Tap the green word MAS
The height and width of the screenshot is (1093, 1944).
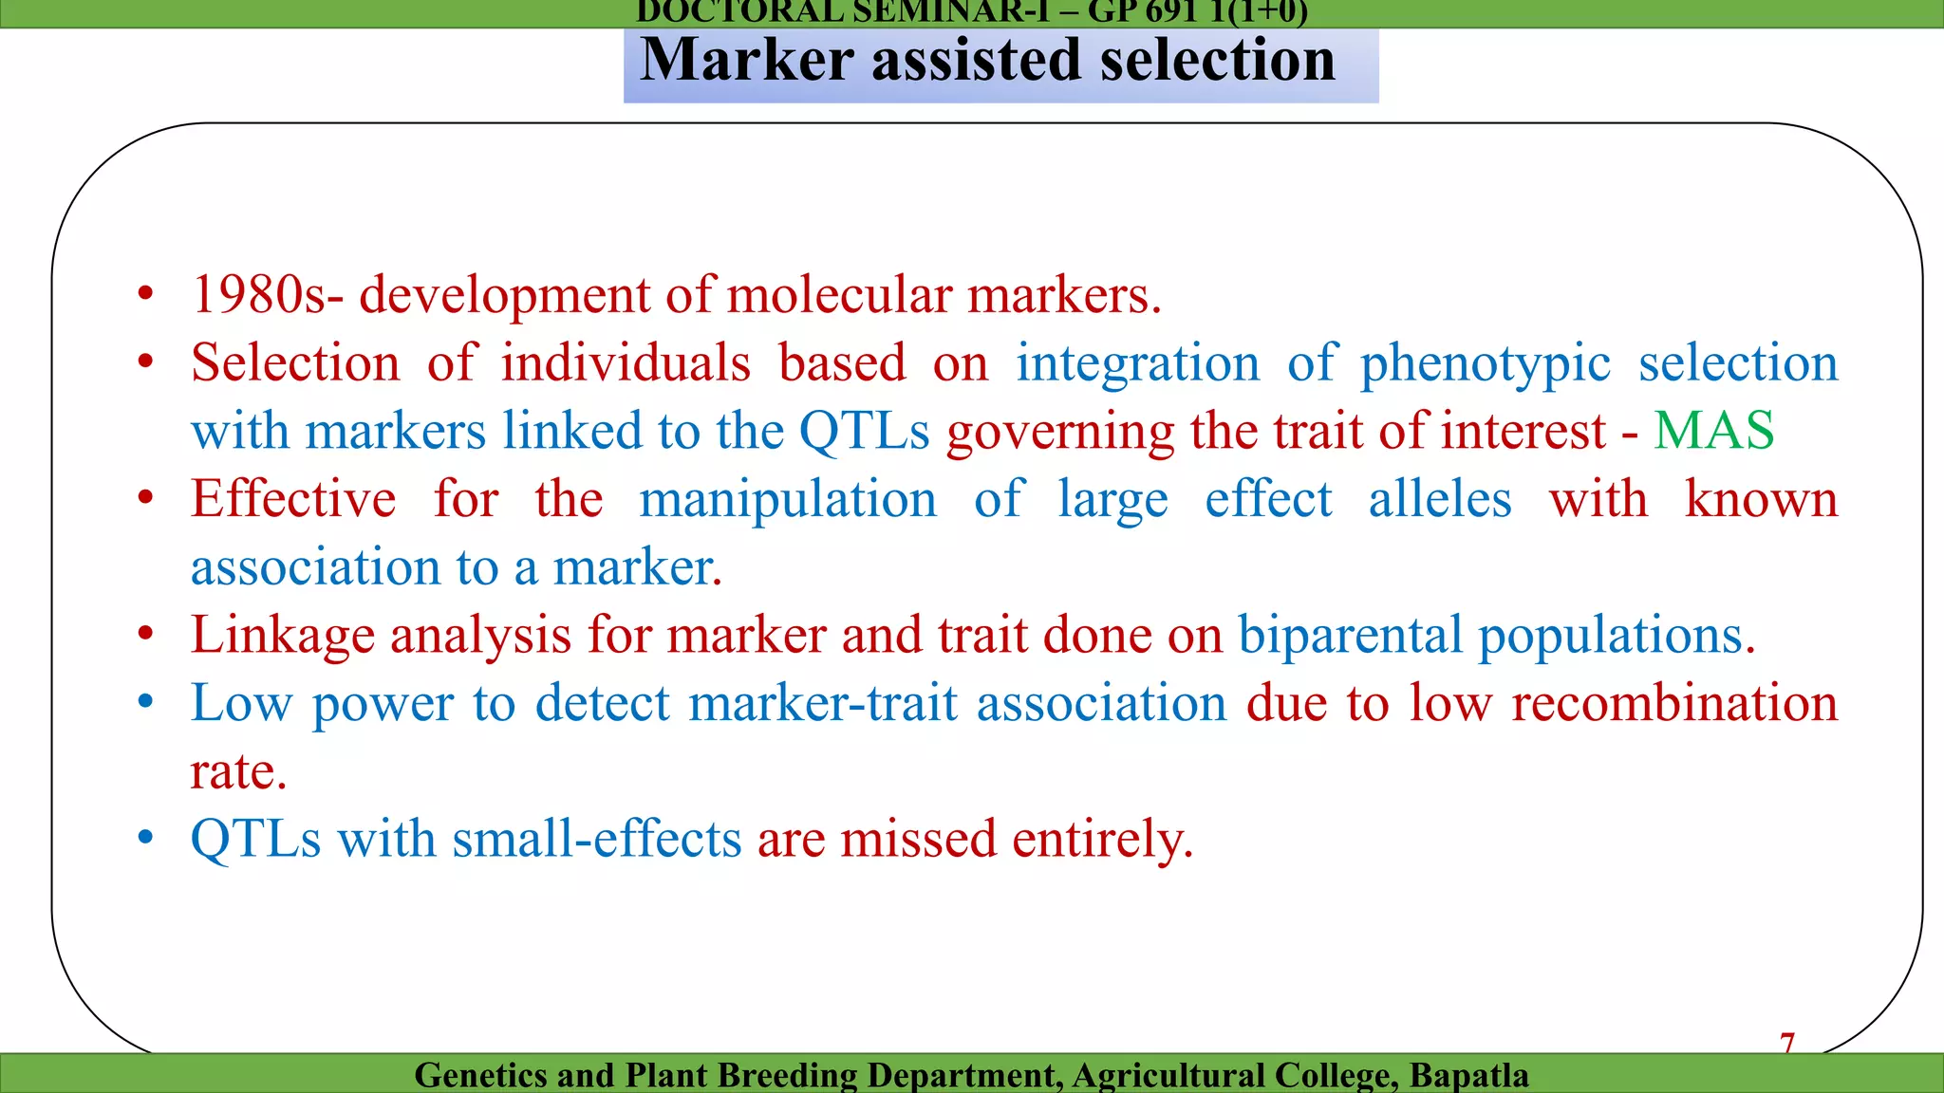click(x=1713, y=431)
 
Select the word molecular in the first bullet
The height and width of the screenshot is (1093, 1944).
click(x=839, y=295)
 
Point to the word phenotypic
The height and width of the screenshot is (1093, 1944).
click(x=1485, y=364)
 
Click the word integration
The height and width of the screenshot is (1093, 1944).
click(x=1137, y=364)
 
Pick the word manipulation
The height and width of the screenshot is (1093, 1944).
click(x=787, y=500)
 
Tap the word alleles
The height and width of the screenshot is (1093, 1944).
click(x=1439, y=500)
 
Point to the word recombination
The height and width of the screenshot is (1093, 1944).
click(x=1674, y=703)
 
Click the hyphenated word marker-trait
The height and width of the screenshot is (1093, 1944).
click(x=823, y=703)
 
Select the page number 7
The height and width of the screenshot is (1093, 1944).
click(x=1786, y=1043)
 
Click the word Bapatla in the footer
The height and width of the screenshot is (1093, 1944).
click(x=1468, y=1075)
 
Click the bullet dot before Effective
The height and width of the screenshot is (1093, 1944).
click(x=145, y=498)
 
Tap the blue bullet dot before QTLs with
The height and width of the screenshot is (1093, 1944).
click(x=145, y=838)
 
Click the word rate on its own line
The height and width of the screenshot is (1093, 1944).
click(x=236, y=771)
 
